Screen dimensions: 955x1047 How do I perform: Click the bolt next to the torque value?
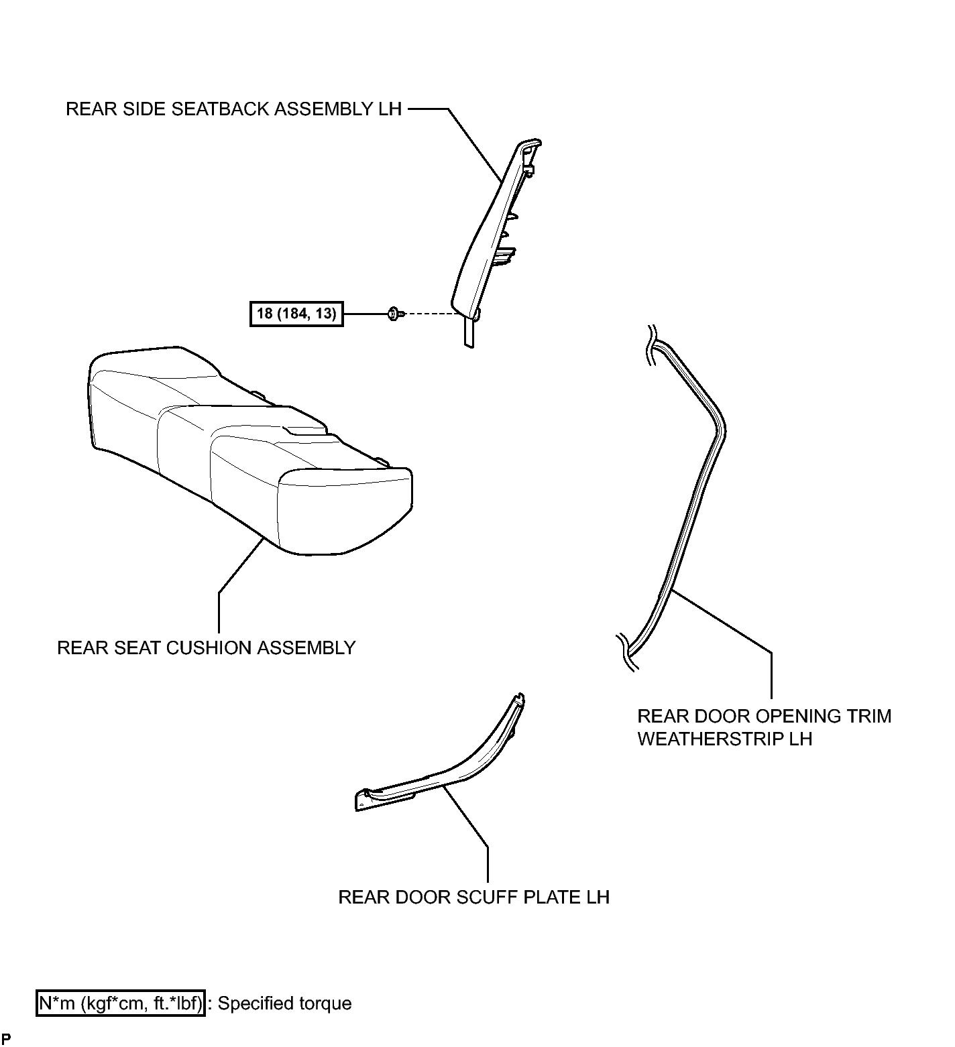394,313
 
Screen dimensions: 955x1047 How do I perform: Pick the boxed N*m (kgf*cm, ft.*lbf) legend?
121,1003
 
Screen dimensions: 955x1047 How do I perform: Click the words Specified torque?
285,1003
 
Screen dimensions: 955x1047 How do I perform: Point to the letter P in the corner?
6,1039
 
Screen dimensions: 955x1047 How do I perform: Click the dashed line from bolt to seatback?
429,313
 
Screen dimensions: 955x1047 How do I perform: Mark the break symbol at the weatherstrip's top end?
650,346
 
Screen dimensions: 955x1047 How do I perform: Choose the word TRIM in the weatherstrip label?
873,716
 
